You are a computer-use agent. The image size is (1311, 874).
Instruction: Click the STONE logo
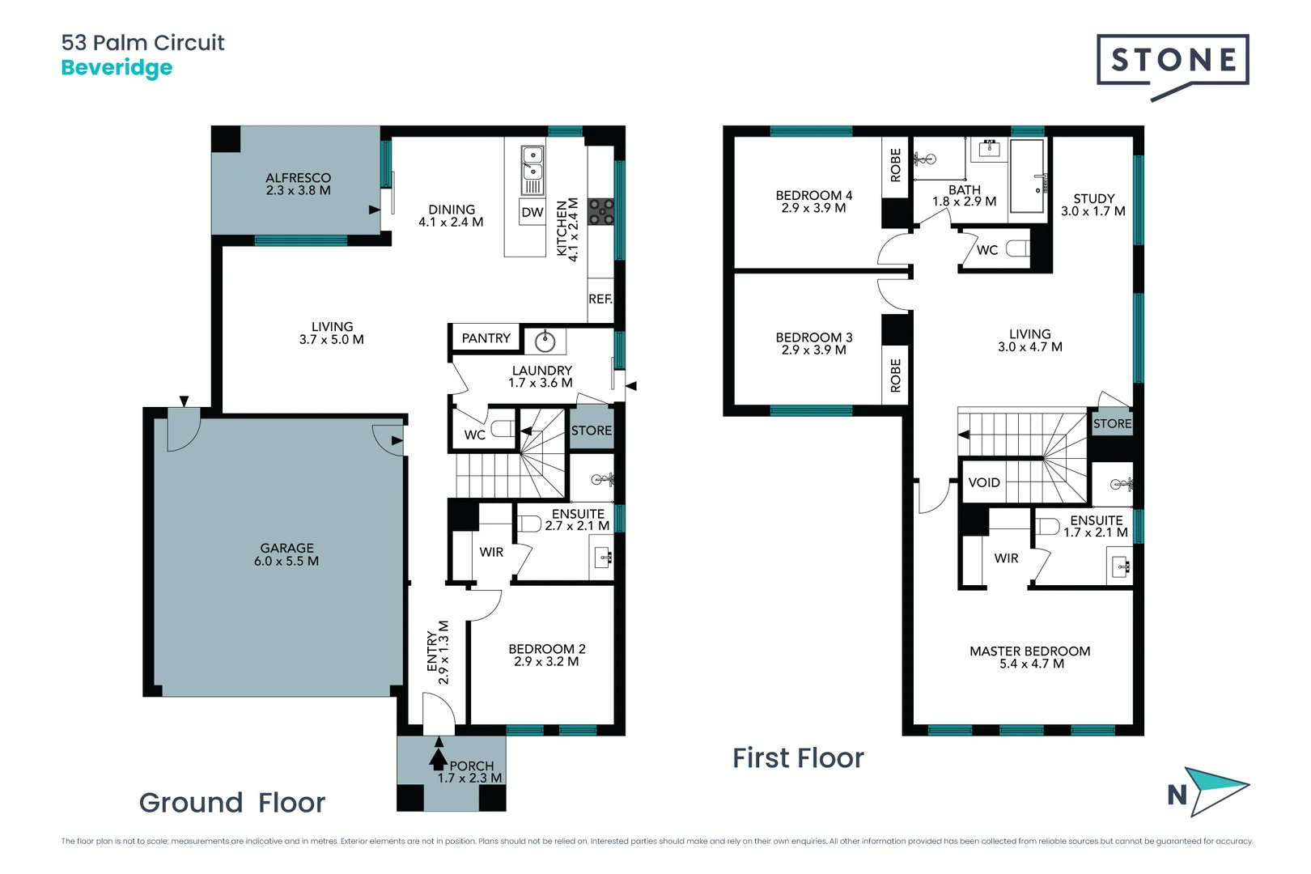pos(1173,61)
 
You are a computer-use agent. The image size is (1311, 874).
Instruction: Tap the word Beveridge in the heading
pos(117,68)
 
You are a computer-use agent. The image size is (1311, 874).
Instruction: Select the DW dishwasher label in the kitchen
pos(532,213)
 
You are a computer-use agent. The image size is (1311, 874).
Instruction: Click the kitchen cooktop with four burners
pos(601,212)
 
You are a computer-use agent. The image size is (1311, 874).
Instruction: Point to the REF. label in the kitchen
pos(600,299)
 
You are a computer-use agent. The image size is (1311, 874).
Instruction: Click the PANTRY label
pos(486,339)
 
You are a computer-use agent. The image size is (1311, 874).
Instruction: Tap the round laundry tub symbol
pos(545,342)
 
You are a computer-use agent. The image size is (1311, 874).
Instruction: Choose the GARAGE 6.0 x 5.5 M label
pos(286,555)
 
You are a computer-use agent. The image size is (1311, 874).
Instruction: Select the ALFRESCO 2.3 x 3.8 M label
pos(298,185)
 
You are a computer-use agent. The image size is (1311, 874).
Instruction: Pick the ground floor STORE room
pos(592,431)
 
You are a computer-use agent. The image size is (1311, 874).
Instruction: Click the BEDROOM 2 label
pos(546,655)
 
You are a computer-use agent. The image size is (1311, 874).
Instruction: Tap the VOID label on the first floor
pos(984,483)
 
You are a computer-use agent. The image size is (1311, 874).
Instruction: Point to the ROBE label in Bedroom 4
pos(896,165)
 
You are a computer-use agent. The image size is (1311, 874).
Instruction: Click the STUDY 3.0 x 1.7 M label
pos(1093,205)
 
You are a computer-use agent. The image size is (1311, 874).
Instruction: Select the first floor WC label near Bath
pos(987,251)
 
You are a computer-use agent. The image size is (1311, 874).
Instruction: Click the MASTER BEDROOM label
pos(1029,657)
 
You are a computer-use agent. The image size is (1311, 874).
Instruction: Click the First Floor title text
pos(798,758)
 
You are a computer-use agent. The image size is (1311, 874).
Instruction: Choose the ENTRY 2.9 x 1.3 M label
pos(438,652)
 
